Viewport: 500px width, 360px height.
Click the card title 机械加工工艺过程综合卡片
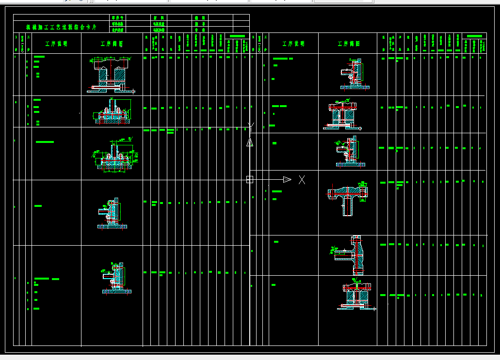(x=61, y=28)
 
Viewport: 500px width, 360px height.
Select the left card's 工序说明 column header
(x=56, y=44)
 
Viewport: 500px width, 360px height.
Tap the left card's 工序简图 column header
(x=112, y=44)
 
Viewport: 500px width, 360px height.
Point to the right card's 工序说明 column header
(x=293, y=44)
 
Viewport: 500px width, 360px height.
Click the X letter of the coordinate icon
(x=302, y=180)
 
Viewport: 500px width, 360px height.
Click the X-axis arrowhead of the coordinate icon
(x=287, y=179)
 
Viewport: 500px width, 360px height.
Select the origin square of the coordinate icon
(x=250, y=179)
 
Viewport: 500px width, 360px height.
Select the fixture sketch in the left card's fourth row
(x=113, y=213)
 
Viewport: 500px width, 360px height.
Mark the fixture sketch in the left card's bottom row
(x=116, y=279)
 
